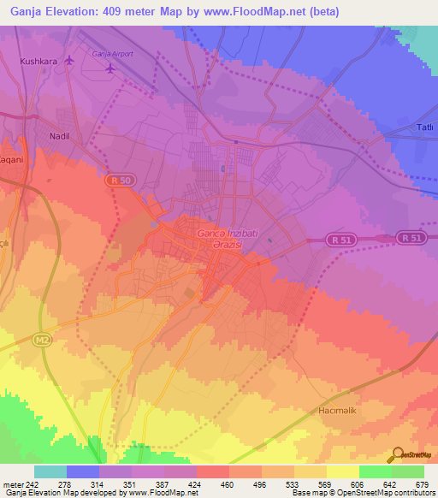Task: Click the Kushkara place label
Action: point(38,62)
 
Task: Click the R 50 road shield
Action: point(119,180)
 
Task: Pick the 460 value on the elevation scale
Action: point(228,484)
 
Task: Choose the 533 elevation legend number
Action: point(293,484)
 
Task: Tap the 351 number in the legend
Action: point(130,484)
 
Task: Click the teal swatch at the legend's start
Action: point(50,471)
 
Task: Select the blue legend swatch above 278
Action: point(82,471)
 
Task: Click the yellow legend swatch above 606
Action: point(342,471)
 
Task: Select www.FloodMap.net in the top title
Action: point(263,12)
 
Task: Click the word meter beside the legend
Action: point(11,484)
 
